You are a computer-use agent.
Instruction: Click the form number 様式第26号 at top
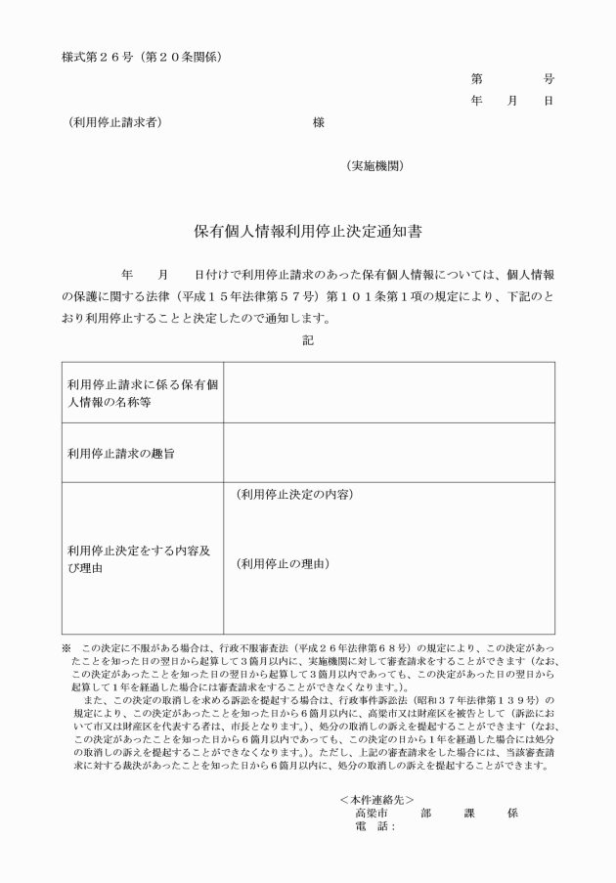click(x=94, y=57)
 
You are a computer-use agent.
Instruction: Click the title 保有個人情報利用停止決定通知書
click(x=307, y=233)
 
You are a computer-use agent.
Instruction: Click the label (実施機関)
click(x=374, y=166)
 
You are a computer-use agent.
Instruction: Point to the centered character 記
click(x=308, y=340)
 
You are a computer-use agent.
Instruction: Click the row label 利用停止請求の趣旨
click(x=121, y=453)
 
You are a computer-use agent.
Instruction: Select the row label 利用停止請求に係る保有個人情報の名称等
click(x=142, y=392)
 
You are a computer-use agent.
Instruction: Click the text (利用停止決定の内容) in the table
click(x=294, y=494)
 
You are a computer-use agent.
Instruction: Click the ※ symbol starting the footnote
click(x=66, y=648)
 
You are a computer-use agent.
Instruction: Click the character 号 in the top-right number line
click(x=549, y=78)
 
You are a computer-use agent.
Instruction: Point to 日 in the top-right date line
click(x=549, y=101)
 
